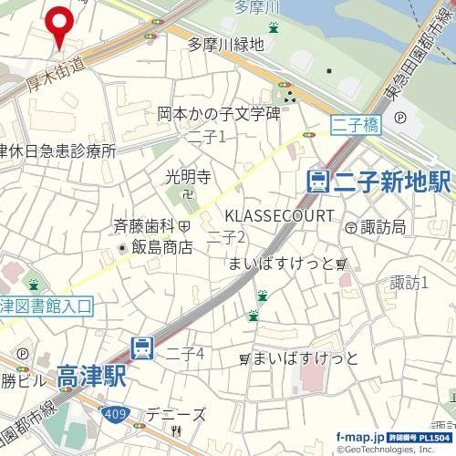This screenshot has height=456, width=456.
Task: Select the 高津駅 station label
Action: point(90,375)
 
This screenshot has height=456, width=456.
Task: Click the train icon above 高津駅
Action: point(142,347)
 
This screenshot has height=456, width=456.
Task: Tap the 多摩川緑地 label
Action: point(226,44)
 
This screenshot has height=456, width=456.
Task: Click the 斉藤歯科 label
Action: point(144,223)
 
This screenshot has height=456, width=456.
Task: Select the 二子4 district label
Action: point(184,353)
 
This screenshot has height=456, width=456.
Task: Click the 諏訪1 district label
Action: point(409,283)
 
